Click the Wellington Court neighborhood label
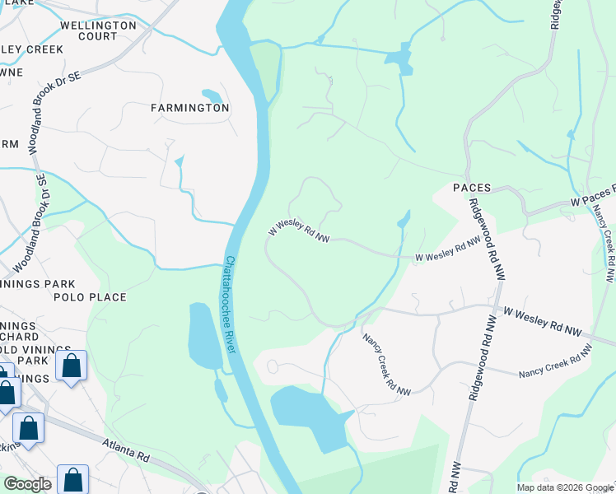98,30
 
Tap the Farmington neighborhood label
189,108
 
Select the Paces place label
472,188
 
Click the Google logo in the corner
26,484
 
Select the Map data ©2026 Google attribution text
565,487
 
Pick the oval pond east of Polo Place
203,336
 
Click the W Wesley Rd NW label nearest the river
299,231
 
